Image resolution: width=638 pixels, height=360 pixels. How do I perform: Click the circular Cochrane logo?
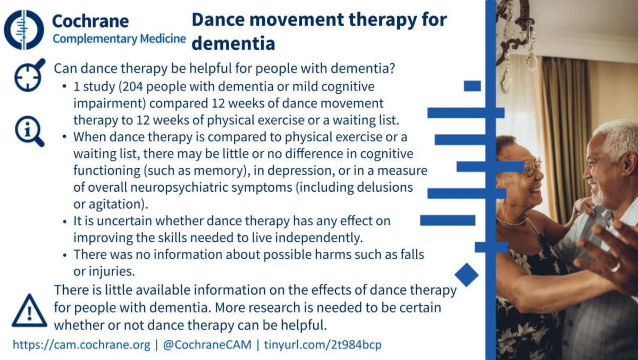[x=24, y=30]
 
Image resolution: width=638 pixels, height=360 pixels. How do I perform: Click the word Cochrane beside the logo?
[x=90, y=21]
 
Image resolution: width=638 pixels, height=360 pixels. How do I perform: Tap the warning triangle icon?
[x=29, y=310]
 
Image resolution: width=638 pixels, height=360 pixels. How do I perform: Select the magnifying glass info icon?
[x=29, y=132]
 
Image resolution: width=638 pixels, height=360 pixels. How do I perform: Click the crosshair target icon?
[x=30, y=75]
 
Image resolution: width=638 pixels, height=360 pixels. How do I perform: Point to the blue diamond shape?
[x=467, y=275]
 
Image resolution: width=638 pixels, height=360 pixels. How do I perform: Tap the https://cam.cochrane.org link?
[x=81, y=345]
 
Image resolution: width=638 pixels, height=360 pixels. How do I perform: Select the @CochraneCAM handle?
[x=207, y=345]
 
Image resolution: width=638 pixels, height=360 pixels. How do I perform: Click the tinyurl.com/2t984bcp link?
[x=323, y=345]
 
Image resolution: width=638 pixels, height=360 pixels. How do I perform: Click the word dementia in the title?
[x=233, y=44]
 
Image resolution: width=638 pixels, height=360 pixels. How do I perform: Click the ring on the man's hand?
[x=615, y=267]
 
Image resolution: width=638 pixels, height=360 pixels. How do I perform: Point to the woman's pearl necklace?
[x=512, y=222]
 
